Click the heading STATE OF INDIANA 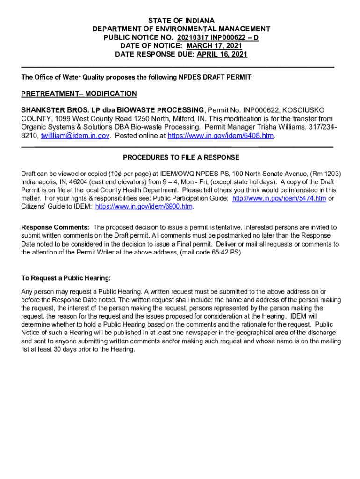[181, 21]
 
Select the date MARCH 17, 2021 [214, 46]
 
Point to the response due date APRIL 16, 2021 [222, 54]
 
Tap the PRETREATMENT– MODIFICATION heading [79, 94]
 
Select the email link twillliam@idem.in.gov [75, 136]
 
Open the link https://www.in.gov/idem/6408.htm [221, 136]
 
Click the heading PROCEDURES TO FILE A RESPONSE [181, 158]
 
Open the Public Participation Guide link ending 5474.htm [279, 198]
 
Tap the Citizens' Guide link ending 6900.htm [144, 206]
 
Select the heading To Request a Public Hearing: [66, 278]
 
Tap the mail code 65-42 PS [224, 252]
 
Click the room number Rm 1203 [319, 173]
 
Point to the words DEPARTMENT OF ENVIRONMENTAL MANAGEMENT [181, 29]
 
